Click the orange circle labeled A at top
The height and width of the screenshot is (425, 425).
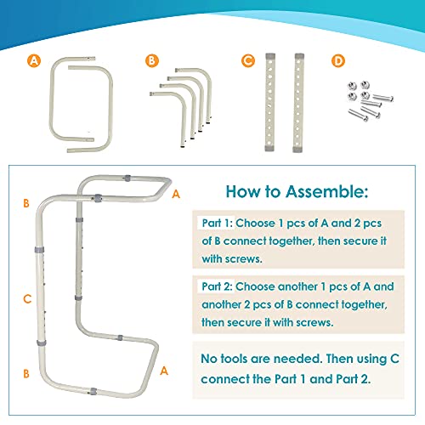[33, 60]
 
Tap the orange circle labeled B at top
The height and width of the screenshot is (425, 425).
[151, 60]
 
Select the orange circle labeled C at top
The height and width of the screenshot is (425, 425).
[247, 60]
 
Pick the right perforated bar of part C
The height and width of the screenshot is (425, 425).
[299, 101]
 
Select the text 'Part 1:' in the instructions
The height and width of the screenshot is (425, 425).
[218, 223]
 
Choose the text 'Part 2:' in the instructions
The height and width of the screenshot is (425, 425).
[218, 287]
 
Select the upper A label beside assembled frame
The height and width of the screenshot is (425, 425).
[175, 194]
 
